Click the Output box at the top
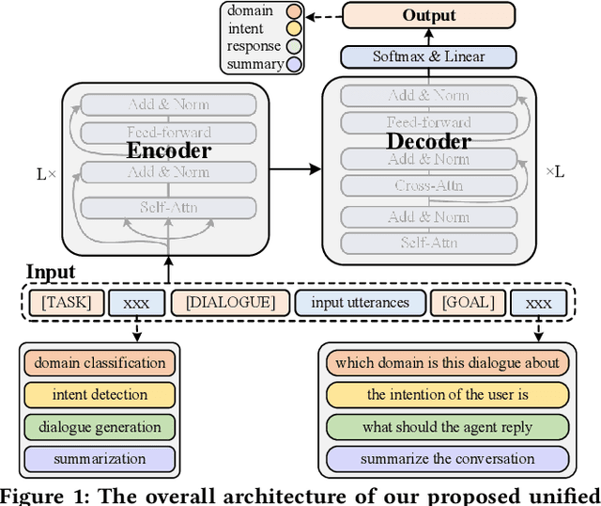(428, 15)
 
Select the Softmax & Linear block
(428, 56)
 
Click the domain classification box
(100, 362)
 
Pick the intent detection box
(100, 395)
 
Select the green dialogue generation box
(100, 427)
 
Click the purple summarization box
(100, 459)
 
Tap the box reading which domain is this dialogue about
(447, 362)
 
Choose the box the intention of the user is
(447, 395)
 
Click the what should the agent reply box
(447, 427)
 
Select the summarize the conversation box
(447, 459)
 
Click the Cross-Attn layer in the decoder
(428, 185)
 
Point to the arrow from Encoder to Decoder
(296, 170)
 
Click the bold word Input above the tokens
(50, 274)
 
